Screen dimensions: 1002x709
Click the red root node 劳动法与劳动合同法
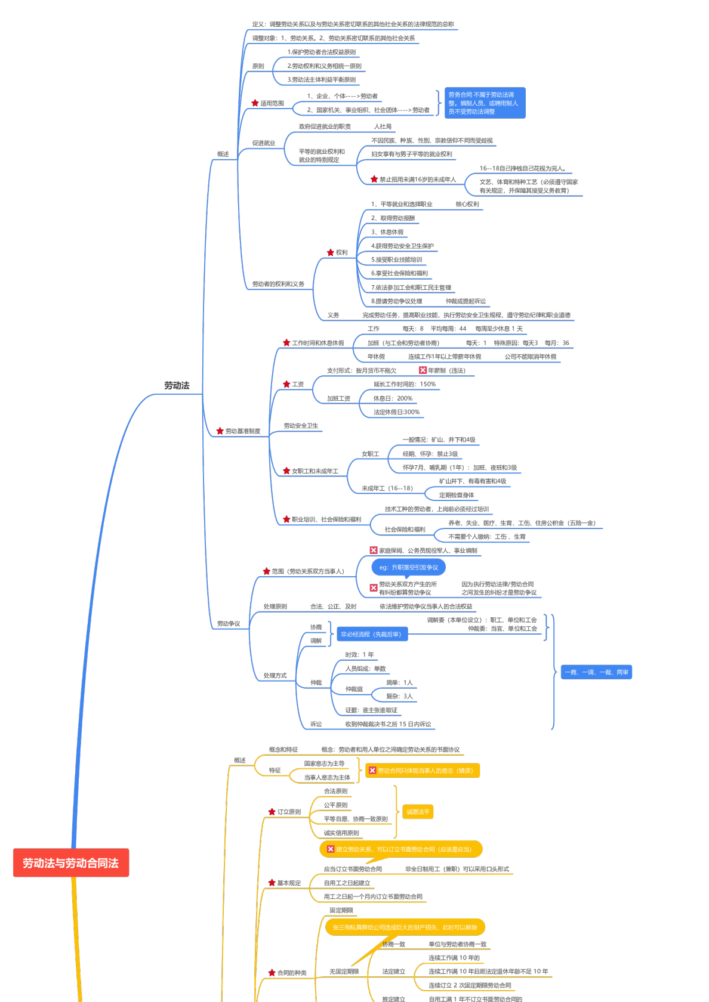(x=71, y=863)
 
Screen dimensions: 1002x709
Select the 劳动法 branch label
(x=177, y=386)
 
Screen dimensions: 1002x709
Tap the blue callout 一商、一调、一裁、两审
(x=596, y=672)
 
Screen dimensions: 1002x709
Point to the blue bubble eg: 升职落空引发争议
(x=409, y=567)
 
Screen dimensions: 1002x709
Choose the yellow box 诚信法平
(x=418, y=812)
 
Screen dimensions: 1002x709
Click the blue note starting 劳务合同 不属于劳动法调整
(x=485, y=103)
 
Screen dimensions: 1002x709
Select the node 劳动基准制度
(x=242, y=431)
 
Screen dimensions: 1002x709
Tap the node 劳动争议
(x=229, y=624)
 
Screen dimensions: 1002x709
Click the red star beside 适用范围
(x=255, y=103)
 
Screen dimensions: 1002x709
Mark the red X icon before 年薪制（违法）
(x=423, y=370)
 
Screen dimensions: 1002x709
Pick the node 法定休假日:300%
(x=396, y=412)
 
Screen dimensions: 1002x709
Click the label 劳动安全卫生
(x=301, y=426)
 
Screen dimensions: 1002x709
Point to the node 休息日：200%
(x=393, y=398)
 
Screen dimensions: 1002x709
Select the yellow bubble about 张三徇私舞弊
(x=405, y=927)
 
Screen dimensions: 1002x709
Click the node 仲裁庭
(x=354, y=689)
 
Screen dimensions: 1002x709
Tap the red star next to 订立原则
(x=272, y=812)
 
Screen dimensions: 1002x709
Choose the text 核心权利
(x=467, y=205)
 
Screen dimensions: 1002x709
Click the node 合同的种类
(x=292, y=973)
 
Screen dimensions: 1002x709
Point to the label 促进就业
(x=264, y=143)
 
